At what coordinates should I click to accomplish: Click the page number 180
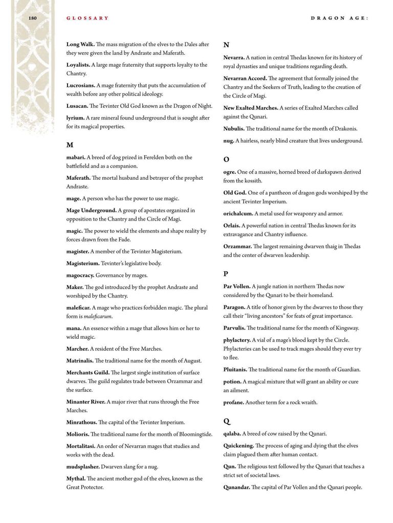(32, 18)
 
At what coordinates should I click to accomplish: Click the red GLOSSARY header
(88, 18)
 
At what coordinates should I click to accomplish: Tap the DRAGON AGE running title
(339, 18)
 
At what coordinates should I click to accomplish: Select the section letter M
(70, 145)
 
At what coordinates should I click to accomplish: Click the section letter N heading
(226, 45)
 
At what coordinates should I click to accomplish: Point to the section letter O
(226, 159)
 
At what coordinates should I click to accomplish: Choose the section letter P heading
(226, 274)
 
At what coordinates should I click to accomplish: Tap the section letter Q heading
(227, 421)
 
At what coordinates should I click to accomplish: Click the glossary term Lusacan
(77, 106)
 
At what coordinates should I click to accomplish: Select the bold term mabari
(76, 157)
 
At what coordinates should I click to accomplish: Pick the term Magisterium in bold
(83, 264)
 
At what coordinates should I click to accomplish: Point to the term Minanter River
(86, 402)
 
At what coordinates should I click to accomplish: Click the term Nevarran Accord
(245, 78)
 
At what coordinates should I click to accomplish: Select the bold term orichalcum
(239, 213)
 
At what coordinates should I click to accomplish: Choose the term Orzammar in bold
(237, 246)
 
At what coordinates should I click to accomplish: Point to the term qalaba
(232, 434)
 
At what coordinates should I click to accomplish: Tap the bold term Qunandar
(237, 487)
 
